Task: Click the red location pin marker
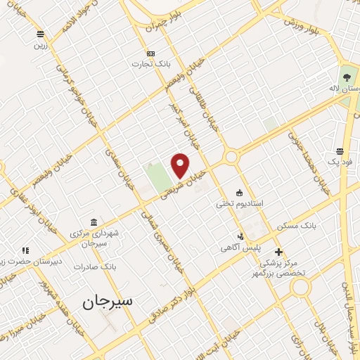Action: [180, 165]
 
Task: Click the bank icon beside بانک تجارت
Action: [150, 53]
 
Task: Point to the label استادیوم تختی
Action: [240, 203]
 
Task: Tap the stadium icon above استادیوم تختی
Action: [239, 193]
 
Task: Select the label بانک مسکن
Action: [297, 226]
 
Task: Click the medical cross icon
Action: [278, 251]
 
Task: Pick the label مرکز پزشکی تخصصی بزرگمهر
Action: [288, 267]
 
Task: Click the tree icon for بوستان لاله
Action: [346, 77]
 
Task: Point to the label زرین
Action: [41, 45]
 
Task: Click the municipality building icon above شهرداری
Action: [94, 222]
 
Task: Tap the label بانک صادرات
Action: [98, 267]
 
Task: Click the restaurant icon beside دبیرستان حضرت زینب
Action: [25, 250]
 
